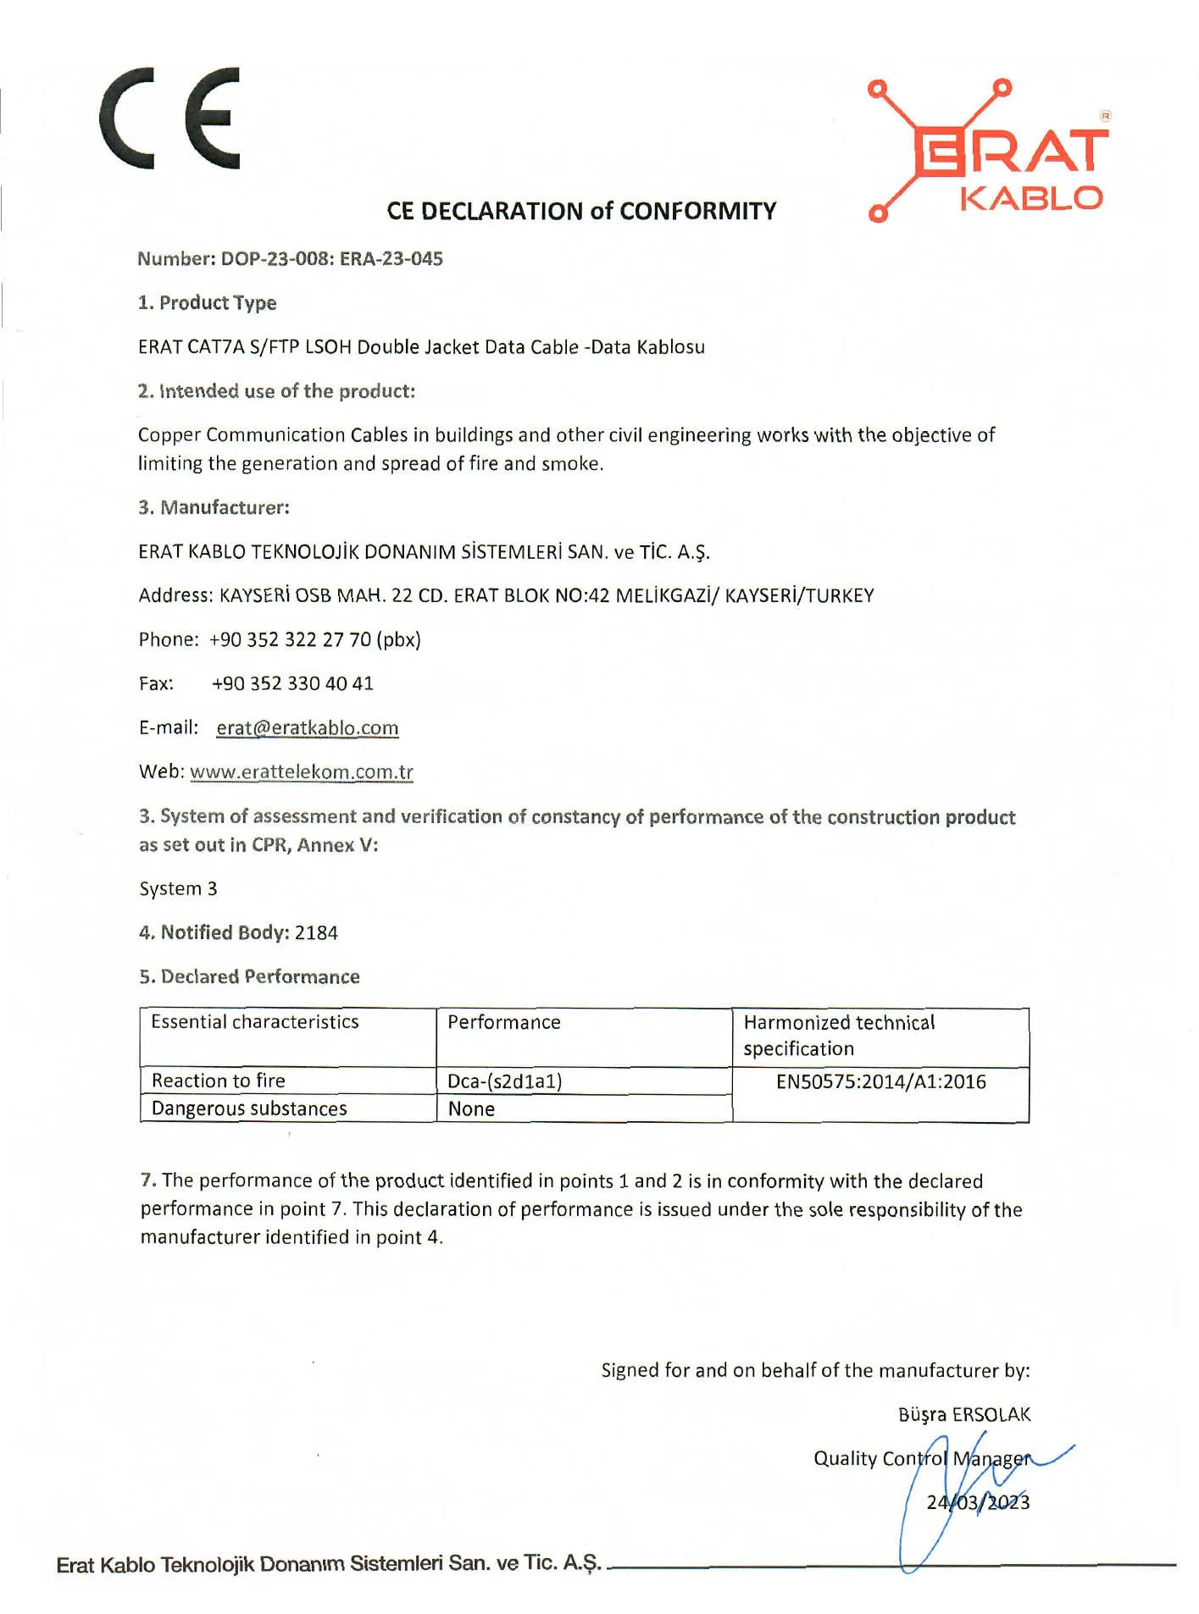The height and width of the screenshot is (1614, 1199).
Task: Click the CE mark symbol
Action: pyautogui.click(x=169, y=118)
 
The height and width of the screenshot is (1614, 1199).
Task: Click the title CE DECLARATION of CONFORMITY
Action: pyautogui.click(x=581, y=211)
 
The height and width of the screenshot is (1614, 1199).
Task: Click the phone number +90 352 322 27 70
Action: pyautogui.click(x=314, y=639)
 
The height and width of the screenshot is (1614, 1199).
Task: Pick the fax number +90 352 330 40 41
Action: pyautogui.click(x=292, y=683)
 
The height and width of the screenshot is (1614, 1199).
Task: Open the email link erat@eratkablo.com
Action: pyautogui.click(x=307, y=728)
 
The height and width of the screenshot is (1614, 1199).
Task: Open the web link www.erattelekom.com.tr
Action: pyautogui.click(x=302, y=772)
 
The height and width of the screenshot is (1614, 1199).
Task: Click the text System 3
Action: pyautogui.click(x=178, y=888)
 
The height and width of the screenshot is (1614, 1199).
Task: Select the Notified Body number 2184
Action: pyautogui.click(x=316, y=933)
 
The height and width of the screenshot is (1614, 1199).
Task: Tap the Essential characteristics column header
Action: pyautogui.click(x=254, y=1022)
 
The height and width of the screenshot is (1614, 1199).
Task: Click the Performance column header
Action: pyautogui.click(x=503, y=1022)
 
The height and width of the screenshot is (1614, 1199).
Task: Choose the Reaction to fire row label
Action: pyautogui.click(x=218, y=1081)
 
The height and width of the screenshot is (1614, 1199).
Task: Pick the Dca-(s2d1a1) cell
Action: pyautogui.click(x=504, y=1081)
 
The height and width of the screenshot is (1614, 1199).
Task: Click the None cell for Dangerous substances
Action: pyautogui.click(x=471, y=1109)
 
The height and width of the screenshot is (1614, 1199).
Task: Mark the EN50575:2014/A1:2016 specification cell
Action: pyautogui.click(x=880, y=1081)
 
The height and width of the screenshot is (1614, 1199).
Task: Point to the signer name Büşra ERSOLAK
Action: pyautogui.click(x=963, y=1415)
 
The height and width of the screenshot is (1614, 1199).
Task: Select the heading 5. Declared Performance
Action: pyautogui.click(x=249, y=977)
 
